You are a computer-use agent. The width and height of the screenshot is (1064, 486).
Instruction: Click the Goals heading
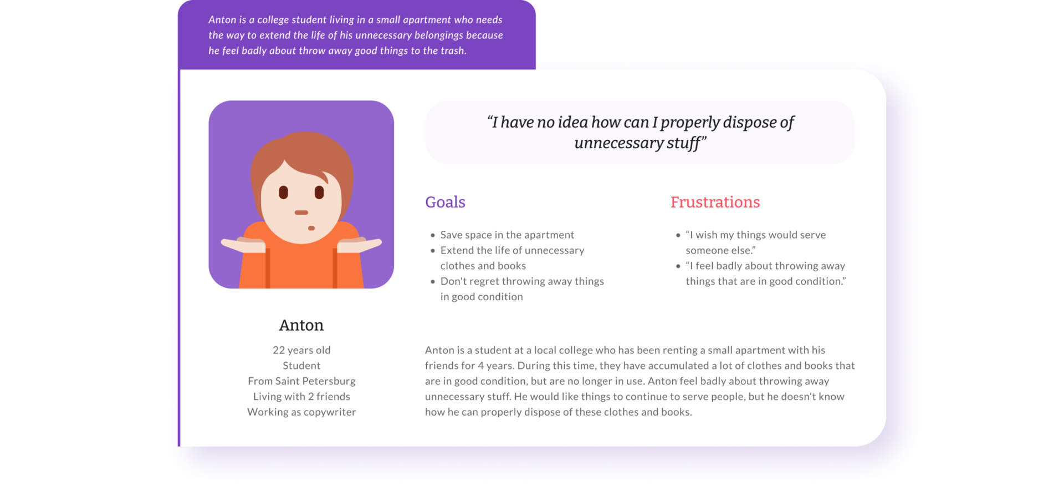click(445, 202)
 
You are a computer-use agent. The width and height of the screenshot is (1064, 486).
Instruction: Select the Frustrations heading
click(715, 202)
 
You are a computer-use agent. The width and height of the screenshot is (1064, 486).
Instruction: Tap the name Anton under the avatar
click(301, 325)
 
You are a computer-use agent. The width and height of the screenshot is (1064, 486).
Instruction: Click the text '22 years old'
click(301, 350)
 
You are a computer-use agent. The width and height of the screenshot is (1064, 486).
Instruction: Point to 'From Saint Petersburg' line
click(301, 381)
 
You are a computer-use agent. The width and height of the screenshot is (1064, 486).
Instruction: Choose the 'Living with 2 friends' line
click(301, 397)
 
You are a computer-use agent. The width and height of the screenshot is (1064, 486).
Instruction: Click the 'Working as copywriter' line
click(301, 412)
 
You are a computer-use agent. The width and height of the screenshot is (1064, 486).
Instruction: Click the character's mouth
click(301, 212)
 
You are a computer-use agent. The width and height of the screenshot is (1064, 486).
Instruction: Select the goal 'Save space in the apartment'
click(507, 235)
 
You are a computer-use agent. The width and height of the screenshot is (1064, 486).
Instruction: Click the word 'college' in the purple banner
click(273, 20)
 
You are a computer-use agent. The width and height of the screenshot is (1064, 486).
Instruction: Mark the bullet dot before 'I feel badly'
click(678, 266)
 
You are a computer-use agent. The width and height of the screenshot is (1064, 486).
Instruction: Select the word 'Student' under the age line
click(301, 366)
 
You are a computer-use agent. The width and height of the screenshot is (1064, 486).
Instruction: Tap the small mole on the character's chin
click(311, 228)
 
